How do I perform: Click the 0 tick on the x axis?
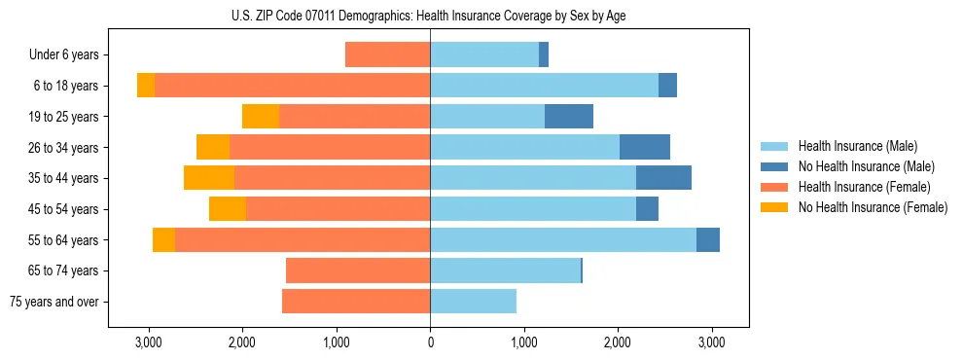pyautogui.click(x=430, y=343)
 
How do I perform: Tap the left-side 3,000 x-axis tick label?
pyautogui.click(x=149, y=343)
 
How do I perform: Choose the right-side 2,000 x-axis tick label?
pyautogui.click(x=618, y=343)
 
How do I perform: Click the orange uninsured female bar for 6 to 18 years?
pyautogui.click(x=146, y=86)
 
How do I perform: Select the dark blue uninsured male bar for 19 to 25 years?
pyautogui.click(x=569, y=117)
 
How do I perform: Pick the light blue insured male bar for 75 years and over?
pyautogui.click(x=473, y=302)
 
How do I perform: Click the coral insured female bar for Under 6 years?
pyautogui.click(x=387, y=55)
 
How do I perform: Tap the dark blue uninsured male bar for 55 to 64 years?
pyautogui.click(x=708, y=239)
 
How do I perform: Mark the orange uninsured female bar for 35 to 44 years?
pyautogui.click(x=209, y=178)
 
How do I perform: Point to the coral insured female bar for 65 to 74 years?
pyautogui.click(x=358, y=270)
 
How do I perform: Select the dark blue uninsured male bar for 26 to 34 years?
pyautogui.click(x=645, y=147)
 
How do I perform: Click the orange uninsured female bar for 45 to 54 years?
pyautogui.click(x=228, y=209)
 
